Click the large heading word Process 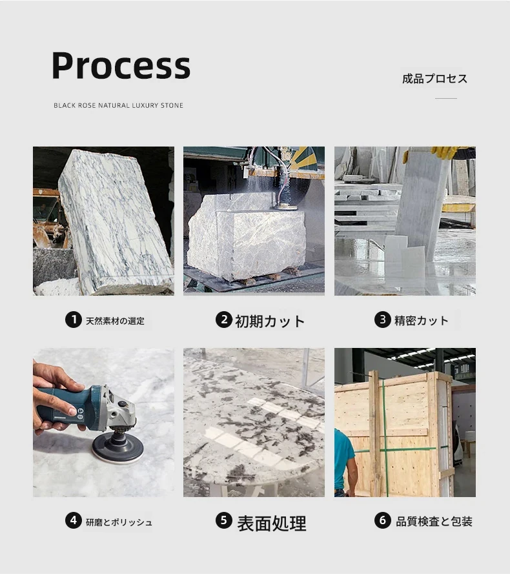point(121,66)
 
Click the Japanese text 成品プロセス point(434,79)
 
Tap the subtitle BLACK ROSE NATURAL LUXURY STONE point(119,106)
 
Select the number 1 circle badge point(74,320)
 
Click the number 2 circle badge point(224,320)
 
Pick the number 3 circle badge point(382,320)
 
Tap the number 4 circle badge point(74,520)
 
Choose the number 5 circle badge point(224,520)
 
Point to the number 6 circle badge point(382,520)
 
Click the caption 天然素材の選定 point(115,321)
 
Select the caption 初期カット point(270,321)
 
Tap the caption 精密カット point(422,320)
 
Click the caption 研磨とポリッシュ point(119,522)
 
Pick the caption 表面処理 point(272,524)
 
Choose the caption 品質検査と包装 point(434,522)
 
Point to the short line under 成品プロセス point(446,99)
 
